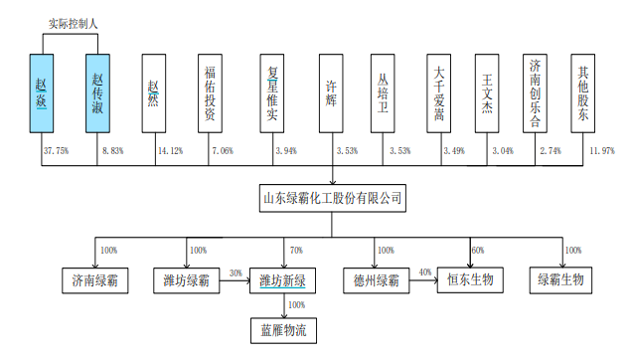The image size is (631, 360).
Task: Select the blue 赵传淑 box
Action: [97, 94]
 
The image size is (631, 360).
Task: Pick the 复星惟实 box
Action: [268, 94]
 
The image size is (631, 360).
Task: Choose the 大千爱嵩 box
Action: [438, 94]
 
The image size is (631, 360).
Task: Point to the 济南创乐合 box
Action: [537, 94]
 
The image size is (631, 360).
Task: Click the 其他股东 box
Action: [586, 94]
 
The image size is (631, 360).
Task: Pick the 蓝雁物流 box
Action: [281, 327]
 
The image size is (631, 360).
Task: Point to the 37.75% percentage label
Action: [57, 151]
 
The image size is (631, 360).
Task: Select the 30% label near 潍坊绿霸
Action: [236, 272]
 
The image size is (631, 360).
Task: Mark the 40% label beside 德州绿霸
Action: [425, 272]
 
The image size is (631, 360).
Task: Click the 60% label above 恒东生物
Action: [476, 250]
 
